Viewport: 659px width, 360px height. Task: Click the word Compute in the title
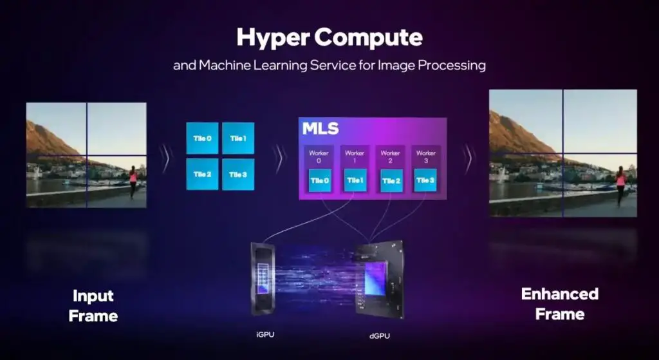(x=369, y=37)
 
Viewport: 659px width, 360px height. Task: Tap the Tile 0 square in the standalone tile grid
(x=202, y=138)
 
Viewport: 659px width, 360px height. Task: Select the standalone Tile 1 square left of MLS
(x=238, y=138)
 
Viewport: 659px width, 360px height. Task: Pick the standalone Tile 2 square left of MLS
(x=202, y=174)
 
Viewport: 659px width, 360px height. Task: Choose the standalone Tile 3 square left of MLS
(x=238, y=174)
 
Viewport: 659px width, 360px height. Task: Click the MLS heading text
(x=320, y=129)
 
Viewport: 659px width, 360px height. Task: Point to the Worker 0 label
(x=319, y=156)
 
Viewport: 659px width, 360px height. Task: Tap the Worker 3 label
(x=426, y=156)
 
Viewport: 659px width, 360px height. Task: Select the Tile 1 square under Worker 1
(x=355, y=180)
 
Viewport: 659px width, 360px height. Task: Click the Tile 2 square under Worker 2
(x=391, y=180)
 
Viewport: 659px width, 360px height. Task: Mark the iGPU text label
(x=265, y=335)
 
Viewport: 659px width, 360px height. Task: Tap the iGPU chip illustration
(x=263, y=278)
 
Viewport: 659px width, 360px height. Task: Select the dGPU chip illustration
(x=379, y=279)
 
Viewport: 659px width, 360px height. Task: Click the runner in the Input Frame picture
(x=133, y=181)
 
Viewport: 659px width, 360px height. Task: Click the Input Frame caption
(x=93, y=306)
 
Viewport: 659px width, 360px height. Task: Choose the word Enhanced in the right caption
(x=560, y=294)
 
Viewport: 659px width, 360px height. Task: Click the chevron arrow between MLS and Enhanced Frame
(x=467, y=158)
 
